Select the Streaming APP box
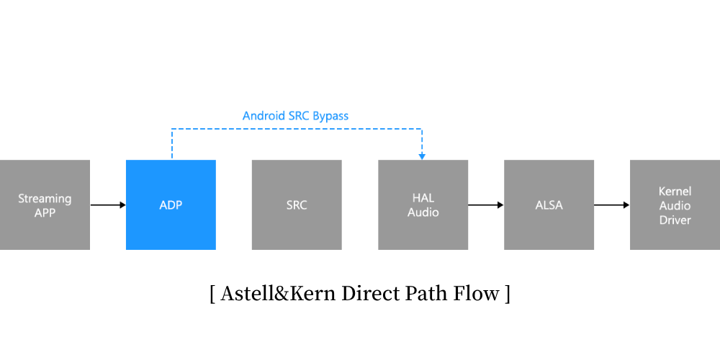tap(45, 205)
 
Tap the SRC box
tap(297, 205)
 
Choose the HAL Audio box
tap(423, 205)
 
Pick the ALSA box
tap(549, 205)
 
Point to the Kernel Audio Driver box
tap(675, 205)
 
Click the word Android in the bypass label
tap(264, 116)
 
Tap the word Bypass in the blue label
tap(330, 116)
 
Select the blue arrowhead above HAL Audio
tap(422, 156)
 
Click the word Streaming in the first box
tap(45, 199)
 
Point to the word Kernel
tap(675, 192)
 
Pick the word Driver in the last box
tap(675, 220)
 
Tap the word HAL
tap(423, 199)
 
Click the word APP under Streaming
tap(45, 213)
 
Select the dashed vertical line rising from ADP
tap(171, 144)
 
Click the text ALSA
tap(549, 205)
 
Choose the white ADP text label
tap(171, 205)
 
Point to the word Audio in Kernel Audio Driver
tap(675, 206)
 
